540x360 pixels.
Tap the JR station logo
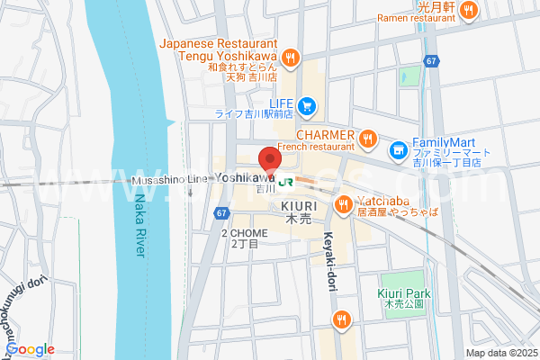(x=286, y=181)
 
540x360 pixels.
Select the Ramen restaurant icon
(x=468, y=10)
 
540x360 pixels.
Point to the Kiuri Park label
(x=404, y=294)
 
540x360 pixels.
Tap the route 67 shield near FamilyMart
(x=432, y=61)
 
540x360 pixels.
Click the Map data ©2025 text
(x=499, y=353)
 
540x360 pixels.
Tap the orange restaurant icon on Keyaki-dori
(x=340, y=319)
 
